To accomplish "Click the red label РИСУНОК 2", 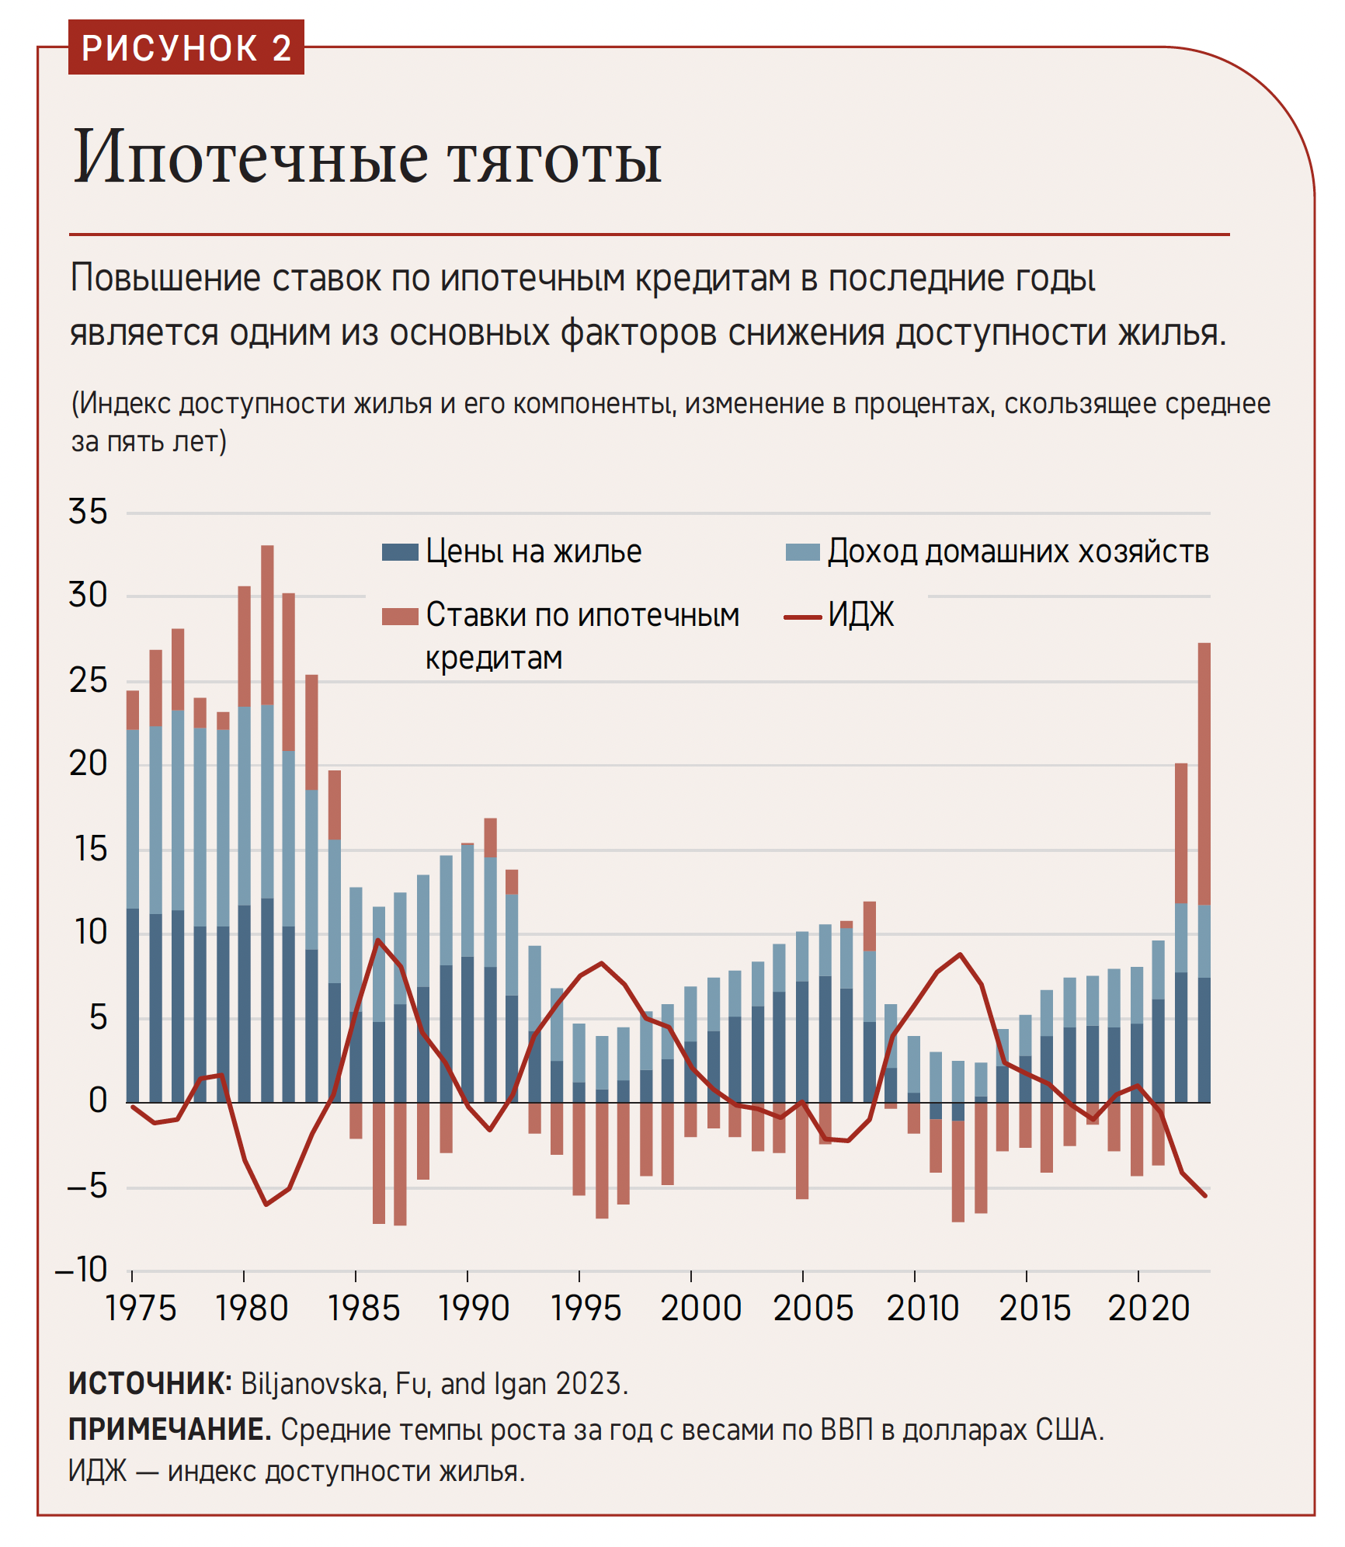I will (186, 48).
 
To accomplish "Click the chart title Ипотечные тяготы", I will (367, 158).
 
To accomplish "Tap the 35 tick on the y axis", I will (88, 512).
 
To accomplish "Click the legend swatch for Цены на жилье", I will (400, 552).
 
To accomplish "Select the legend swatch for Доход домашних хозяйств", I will (802, 552).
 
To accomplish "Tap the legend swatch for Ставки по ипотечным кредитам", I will (400, 617).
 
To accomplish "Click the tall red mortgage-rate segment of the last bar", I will (1204, 773).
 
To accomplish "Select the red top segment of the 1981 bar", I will (267, 624).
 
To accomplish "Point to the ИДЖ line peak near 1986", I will (378, 940).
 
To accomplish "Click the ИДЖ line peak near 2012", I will (961, 954).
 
